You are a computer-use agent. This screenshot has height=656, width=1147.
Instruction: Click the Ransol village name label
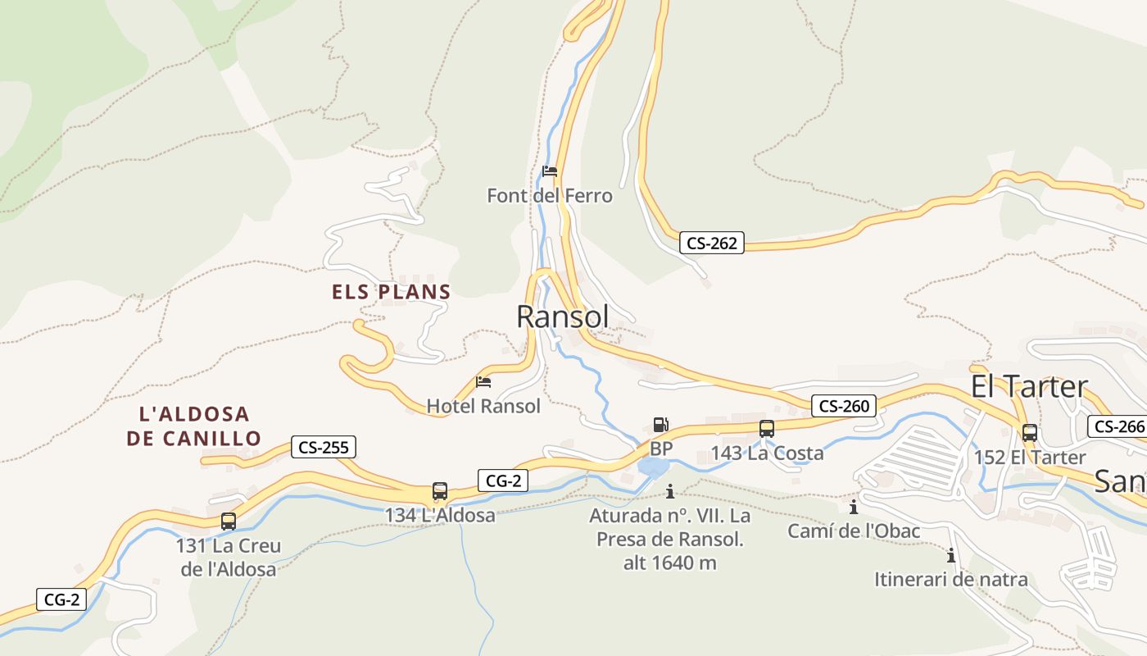(x=563, y=317)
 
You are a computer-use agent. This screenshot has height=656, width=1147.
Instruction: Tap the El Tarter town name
(x=1029, y=386)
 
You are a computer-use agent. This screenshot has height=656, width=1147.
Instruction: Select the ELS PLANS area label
(x=392, y=292)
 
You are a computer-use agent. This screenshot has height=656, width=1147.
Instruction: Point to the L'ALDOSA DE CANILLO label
(x=193, y=426)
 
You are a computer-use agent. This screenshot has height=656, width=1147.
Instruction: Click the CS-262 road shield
(x=711, y=243)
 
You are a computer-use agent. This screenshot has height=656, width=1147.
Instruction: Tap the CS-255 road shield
(x=323, y=448)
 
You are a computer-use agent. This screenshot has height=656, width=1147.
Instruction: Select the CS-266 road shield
(x=1119, y=426)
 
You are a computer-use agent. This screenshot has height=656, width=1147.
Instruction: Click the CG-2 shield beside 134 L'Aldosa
(x=503, y=481)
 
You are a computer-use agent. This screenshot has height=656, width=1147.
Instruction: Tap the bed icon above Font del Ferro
(x=550, y=171)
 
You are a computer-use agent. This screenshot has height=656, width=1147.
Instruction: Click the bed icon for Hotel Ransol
(x=483, y=382)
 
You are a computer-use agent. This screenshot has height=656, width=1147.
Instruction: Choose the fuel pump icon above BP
(x=660, y=425)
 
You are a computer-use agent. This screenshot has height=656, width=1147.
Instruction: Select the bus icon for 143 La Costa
(x=767, y=429)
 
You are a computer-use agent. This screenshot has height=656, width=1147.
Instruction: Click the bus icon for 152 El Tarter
(x=1030, y=433)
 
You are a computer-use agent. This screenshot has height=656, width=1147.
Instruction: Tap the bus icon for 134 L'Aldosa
(x=440, y=491)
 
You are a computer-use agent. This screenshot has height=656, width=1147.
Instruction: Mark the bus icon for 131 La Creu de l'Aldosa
(x=229, y=521)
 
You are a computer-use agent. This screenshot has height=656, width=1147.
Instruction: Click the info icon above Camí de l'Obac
(x=854, y=508)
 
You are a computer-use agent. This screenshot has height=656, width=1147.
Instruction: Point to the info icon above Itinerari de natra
(x=951, y=555)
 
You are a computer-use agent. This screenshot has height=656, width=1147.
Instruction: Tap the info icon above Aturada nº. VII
(x=670, y=491)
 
